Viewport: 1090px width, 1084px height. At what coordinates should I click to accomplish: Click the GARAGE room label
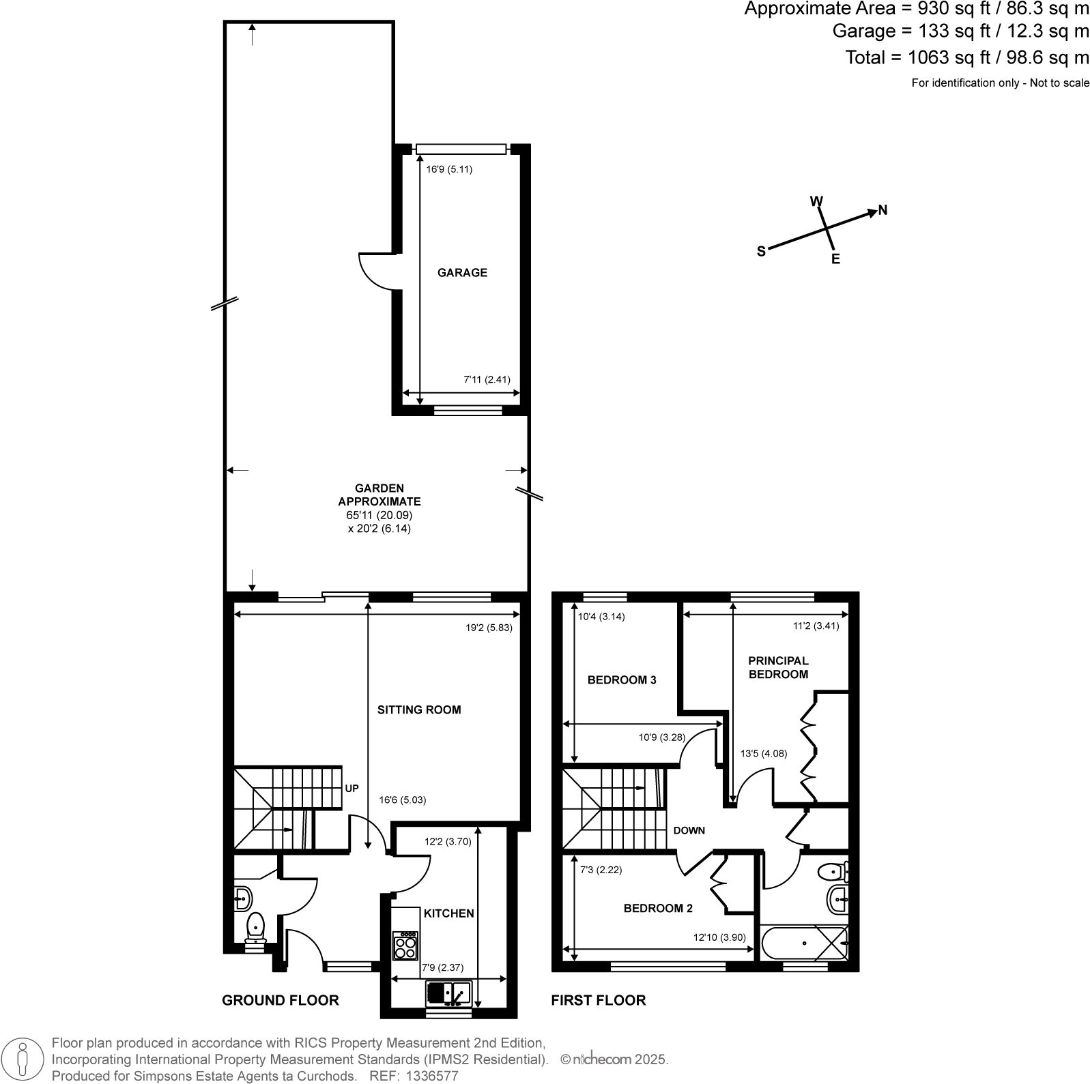[462, 273]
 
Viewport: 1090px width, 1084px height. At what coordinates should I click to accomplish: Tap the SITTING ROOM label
[419, 710]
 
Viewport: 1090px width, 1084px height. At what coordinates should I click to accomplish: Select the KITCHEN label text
[448, 913]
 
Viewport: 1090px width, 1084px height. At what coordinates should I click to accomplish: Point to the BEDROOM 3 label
[622, 680]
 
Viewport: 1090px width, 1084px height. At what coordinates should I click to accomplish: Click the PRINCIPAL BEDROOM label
[778, 668]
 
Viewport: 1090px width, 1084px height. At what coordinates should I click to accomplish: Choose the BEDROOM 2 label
[658, 909]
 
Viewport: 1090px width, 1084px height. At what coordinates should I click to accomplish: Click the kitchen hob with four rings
[405, 946]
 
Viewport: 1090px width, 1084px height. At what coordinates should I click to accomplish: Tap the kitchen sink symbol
[448, 993]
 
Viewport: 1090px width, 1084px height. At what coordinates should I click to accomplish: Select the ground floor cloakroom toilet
[255, 926]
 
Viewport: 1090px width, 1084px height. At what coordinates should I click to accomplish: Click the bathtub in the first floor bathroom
[803, 943]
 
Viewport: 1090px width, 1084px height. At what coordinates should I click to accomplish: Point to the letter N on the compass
[883, 210]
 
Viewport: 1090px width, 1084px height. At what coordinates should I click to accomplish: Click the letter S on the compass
[761, 251]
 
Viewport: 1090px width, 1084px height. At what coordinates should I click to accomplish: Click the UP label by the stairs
[352, 789]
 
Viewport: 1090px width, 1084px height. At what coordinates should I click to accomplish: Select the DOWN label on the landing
[689, 831]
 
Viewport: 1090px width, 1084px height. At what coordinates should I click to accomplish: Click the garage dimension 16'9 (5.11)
[449, 169]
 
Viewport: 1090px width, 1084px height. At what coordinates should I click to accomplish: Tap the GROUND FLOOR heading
[280, 1001]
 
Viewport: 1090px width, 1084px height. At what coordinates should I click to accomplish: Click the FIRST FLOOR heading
[598, 1001]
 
